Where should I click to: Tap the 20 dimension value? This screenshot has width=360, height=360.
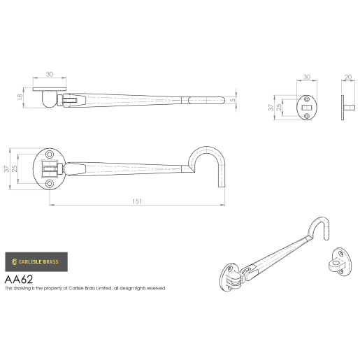[x=348, y=78]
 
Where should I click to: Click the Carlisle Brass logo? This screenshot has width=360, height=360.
[x=36, y=263]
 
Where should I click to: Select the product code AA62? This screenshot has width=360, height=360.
[x=20, y=278]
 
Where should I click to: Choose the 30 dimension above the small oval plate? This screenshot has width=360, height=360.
[x=306, y=78]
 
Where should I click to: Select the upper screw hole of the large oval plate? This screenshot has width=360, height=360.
[x=50, y=154]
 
